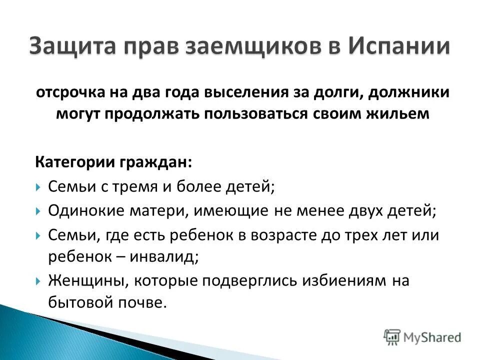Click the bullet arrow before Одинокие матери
coord(38,211)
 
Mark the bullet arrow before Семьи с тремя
coord(38,188)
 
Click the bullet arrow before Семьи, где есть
coord(38,235)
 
